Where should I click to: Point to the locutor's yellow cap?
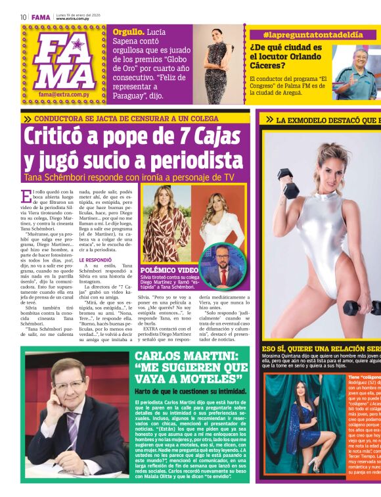tap(353, 52)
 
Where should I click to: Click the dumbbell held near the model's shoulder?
tap(288, 181)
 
